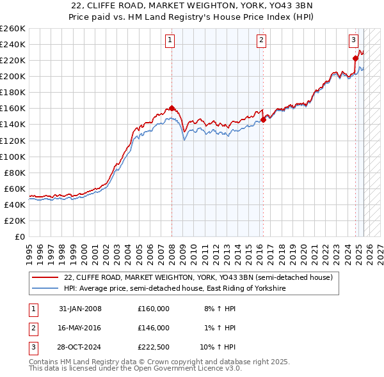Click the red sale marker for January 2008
click(x=172, y=108)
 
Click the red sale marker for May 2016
click(x=263, y=119)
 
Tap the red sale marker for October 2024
click(x=355, y=58)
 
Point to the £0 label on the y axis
click(x=19, y=236)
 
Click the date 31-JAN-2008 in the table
click(x=80, y=309)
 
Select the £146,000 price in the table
click(x=154, y=328)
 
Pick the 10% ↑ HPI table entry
click(x=218, y=347)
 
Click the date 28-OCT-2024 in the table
click(x=80, y=347)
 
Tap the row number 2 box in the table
click(x=31, y=328)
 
